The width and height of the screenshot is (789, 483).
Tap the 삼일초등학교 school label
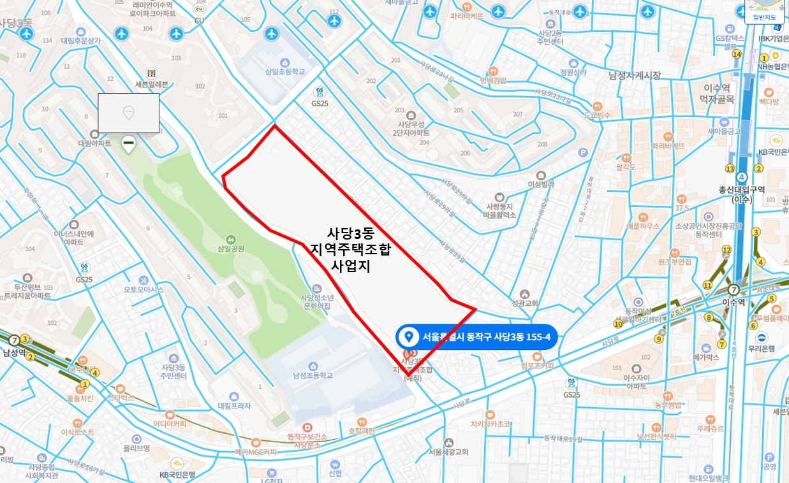coord(285,72)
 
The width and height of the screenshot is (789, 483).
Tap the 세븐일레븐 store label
coord(147,84)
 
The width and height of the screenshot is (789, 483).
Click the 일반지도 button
coord(765,17)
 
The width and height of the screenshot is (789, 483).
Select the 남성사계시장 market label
coord(634,76)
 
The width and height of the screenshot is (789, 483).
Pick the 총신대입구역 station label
coord(742,190)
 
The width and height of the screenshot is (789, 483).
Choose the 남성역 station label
coord(13,352)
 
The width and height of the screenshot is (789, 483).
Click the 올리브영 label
coord(136,448)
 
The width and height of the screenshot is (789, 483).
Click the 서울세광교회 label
coord(448,452)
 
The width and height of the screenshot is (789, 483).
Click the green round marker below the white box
coord(128,144)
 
